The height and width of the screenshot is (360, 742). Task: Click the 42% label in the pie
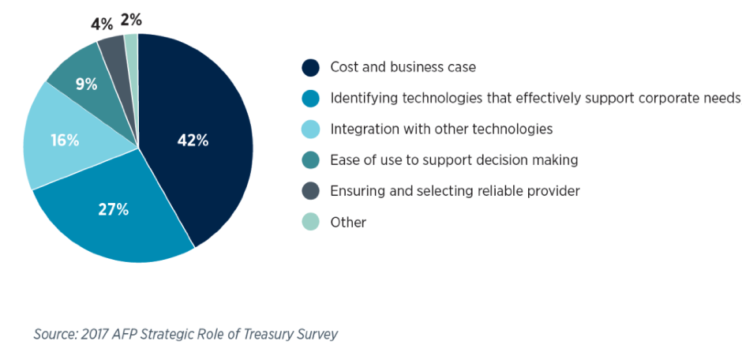pos(193,141)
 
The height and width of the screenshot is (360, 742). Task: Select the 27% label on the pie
pos(113,209)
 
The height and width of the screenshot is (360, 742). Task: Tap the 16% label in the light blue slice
pos(65,141)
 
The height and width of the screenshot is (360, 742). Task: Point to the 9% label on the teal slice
pos(87,84)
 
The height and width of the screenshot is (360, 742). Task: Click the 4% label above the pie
pos(102,24)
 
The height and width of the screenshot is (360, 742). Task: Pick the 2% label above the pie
pos(131,21)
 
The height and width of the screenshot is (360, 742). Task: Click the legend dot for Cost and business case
pos(310,67)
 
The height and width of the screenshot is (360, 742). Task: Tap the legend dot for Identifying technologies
pos(310,98)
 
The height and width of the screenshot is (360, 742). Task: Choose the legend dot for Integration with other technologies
pos(310,129)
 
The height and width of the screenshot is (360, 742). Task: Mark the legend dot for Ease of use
pos(310,160)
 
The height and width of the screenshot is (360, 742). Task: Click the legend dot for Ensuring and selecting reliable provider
pos(310,190)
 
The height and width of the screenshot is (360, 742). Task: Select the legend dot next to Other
pos(310,222)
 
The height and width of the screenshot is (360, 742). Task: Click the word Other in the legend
pos(348,223)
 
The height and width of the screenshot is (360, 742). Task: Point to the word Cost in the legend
pos(344,67)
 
